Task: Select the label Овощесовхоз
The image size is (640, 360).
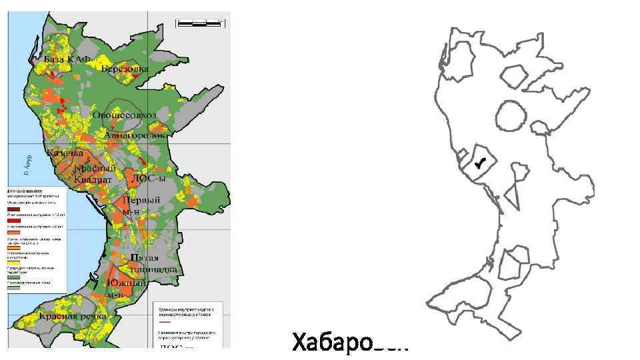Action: pyautogui.click(x=124, y=115)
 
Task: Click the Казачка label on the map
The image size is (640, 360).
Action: pyautogui.click(x=65, y=153)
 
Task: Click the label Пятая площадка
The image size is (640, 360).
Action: pyautogui.click(x=153, y=263)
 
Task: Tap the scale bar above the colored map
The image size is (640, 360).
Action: pyautogui.click(x=199, y=23)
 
